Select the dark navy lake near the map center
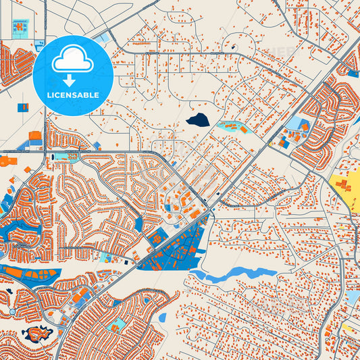point(197,121)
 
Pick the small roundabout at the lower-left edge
point(12,311)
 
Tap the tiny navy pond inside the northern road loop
point(233,47)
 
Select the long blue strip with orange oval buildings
point(30,274)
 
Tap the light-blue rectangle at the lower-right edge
point(353,297)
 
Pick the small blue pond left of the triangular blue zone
point(139,224)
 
